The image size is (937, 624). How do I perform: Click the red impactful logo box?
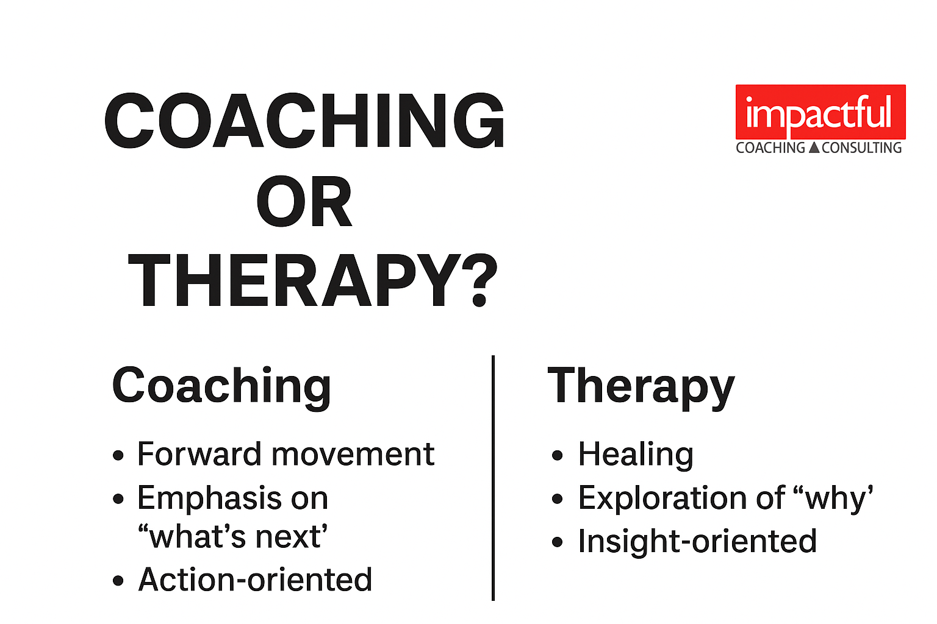coord(820,112)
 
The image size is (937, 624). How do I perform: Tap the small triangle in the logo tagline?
coord(814,147)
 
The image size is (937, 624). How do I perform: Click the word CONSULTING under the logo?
coord(861,148)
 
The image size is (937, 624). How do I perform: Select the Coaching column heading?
coord(221,386)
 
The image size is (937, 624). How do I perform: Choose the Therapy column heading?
coord(641,386)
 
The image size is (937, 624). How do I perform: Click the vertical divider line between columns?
coord(493,478)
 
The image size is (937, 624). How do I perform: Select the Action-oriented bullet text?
coord(255,580)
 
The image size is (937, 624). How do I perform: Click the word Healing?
coord(636,455)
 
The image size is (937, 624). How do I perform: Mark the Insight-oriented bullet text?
coord(697,541)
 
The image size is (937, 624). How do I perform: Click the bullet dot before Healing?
coord(557,455)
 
